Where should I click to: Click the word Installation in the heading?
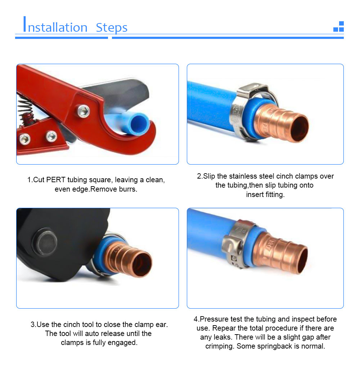tap(55, 24)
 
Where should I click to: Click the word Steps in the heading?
tap(112, 27)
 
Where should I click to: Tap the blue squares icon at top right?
tap(339, 26)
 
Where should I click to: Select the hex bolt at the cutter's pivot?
tap(83, 111)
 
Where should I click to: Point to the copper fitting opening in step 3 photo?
tap(142, 264)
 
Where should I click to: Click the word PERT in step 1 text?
tap(56, 180)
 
